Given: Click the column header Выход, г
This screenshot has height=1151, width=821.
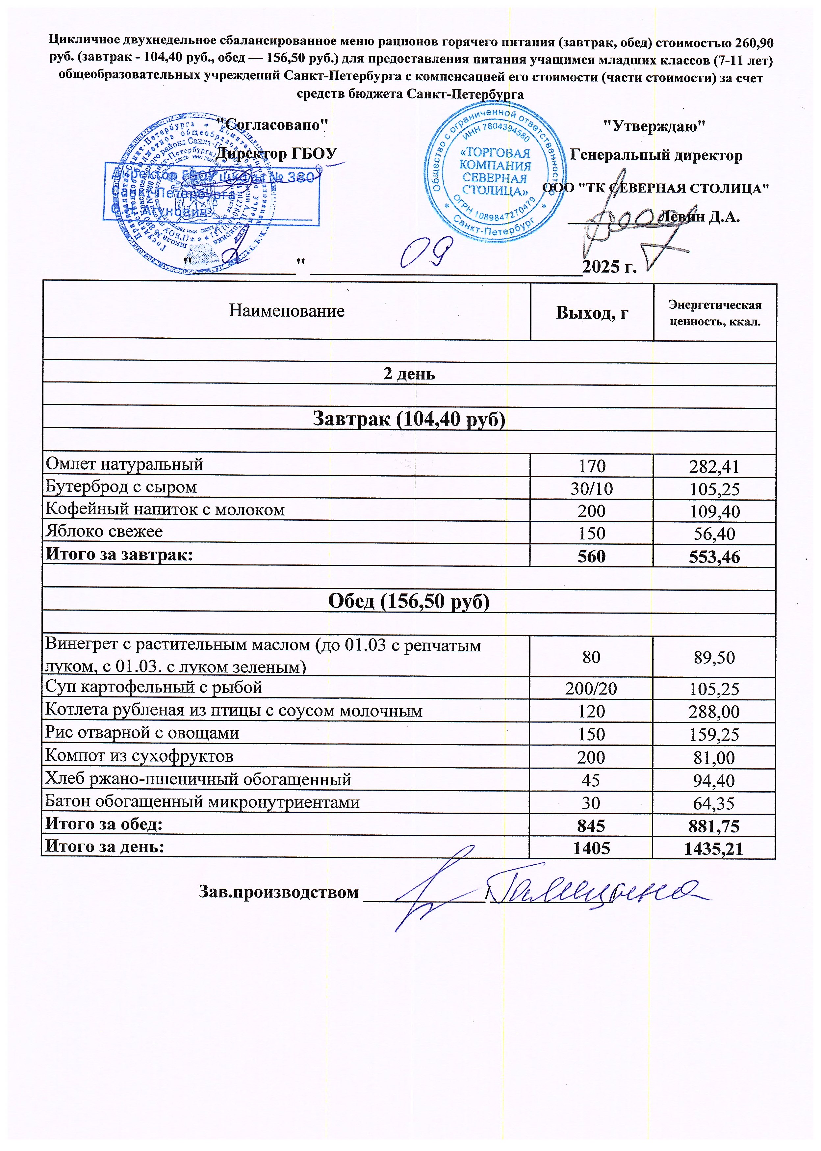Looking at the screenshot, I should [x=592, y=313].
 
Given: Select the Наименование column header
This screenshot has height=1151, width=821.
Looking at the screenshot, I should [x=287, y=310].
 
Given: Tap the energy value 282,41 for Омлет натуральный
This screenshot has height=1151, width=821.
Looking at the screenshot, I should [x=714, y=467].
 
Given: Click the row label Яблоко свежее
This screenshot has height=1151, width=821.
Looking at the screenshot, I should [x=104, y=532].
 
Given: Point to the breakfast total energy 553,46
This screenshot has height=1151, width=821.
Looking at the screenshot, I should [x=714, y=557].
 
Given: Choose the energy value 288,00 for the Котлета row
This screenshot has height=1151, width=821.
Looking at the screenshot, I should [x=714, y=712].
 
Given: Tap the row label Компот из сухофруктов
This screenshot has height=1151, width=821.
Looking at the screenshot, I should [x=139, y=756].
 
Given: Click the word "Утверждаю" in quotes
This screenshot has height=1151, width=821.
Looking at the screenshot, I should [x=655, y=125].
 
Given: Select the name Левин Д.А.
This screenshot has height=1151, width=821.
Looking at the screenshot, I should [x=700, y=217].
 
